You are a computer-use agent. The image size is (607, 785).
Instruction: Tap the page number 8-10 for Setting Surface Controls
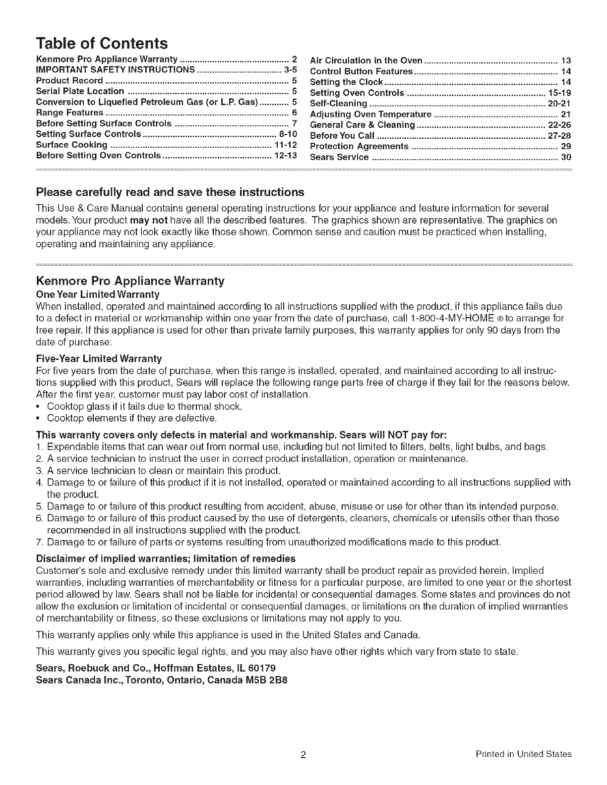click(x=288, y=134)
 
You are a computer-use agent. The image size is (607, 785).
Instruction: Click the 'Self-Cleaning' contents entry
click(x=338, y=104)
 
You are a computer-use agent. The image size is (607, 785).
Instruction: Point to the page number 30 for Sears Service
click(x=566, y=158)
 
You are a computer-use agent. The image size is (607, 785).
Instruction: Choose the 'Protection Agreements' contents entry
click(x=359, y=147)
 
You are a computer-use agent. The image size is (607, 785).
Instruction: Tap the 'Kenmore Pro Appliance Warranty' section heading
click(x=130, y=281)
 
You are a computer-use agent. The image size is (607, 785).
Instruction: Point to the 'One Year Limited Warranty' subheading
click(x=98, y=294)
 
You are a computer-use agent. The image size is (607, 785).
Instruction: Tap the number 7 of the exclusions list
click(x=40, y=542)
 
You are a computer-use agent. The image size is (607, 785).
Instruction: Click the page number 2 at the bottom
click(x=303, y=755)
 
